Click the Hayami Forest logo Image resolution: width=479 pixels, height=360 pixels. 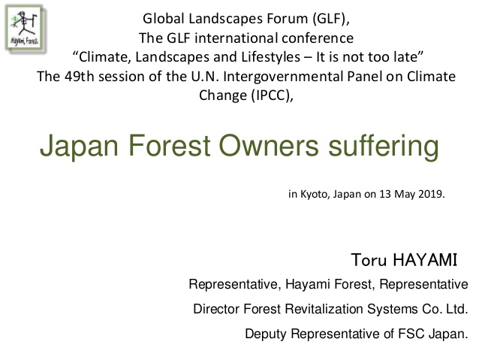(x=25, y=29)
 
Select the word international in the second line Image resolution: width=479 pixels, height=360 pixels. (x=236, y=38)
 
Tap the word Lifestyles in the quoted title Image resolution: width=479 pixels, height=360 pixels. (x=271, y=57)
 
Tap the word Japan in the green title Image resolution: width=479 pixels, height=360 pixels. (x=79, y=147)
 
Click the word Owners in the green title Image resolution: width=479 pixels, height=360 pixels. (x=269, y=146)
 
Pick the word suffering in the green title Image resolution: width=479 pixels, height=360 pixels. (x=384, y=146)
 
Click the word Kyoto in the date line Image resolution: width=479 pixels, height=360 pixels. (x=315, y=194)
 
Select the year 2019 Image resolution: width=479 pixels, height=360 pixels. (x=432, y=194)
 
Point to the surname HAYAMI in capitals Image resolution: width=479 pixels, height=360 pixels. (x=425, y=260)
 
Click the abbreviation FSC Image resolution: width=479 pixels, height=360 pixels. (x=411, y=334)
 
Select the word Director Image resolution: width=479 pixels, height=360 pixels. (x=216, y=309)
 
